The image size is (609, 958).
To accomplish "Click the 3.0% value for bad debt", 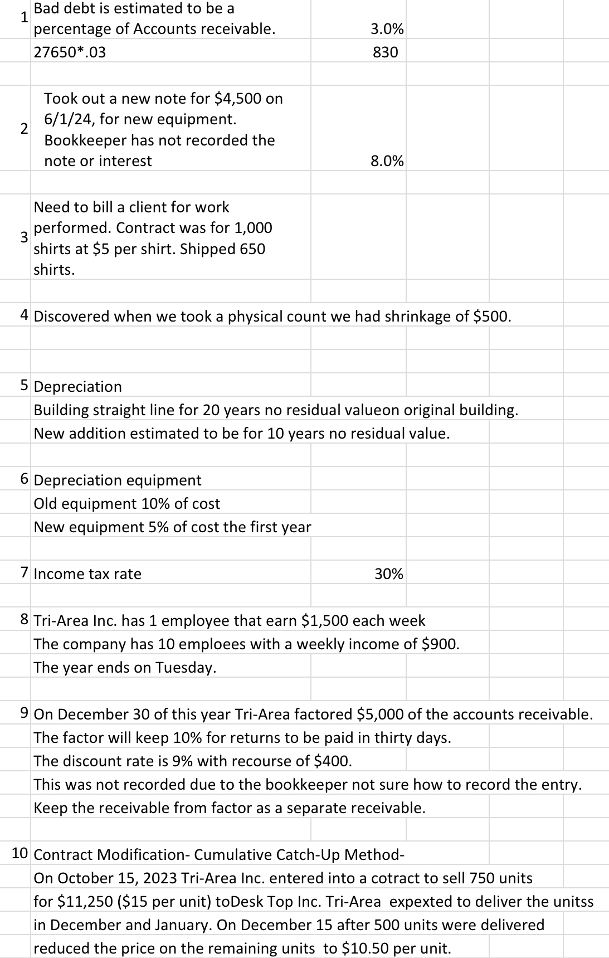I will (x=387, y=29).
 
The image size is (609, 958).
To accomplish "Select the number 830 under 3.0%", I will (x=386, y=52).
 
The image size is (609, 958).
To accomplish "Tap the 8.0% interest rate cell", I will (x=387, y=161).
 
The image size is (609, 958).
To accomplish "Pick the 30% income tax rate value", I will (x=389, y=574).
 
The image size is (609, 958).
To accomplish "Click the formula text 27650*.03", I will (x=70, y=52).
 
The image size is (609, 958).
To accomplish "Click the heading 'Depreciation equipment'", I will (x=118, y=480).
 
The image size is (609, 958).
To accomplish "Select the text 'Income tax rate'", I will (x=87, y=574).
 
